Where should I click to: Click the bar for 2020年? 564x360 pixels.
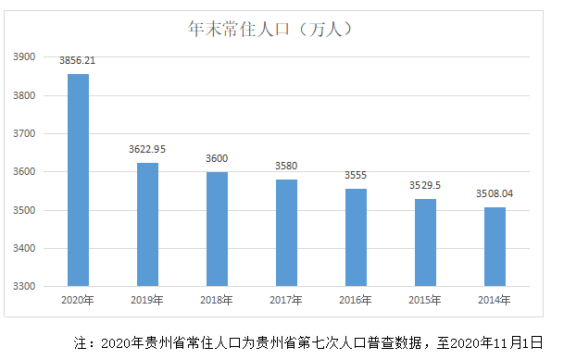pyautogui.click(x=78, y=180)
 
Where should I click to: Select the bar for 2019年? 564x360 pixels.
pyautogui.click(x=147, y=225)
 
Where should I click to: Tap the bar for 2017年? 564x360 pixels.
pyautogui.click(x=286, y=233)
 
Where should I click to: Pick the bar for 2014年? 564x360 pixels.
pyautogui.click(x=495, y=247)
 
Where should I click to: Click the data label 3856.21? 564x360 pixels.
pyautogui.click(x=78, y=60)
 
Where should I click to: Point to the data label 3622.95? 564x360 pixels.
pyautogui.click(x=147, y=149)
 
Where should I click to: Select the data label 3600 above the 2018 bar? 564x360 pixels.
pyautogui.click(x=217, y=158)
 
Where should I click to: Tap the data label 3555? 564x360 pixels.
pyautogui.click(x=356, y=175)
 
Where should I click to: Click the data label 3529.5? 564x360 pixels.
pyautogui.click(x=425, y=185)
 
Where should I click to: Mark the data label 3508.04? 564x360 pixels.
pyautogui.click(x=495, y=193)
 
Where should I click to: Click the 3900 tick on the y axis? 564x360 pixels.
pyautogui.click(x=24, y=56)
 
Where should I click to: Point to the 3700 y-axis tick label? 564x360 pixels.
pyautogui.click(x=24, y=133)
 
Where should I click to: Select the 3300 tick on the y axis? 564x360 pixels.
pyautogui.click(x=24, y=286)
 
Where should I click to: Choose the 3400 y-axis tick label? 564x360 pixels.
pyautogui.click(x=24, y=248)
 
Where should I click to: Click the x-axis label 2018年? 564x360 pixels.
pyautogui.click(x=217, y=300)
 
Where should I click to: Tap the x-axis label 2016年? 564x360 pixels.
pyautogui.click(x=356, y=300)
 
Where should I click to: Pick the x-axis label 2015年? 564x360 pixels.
pyautogui.click(x=425, y=300)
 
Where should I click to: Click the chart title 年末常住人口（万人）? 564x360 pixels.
pyautogui.click(x=269, y=29)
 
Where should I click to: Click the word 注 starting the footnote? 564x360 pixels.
pyautogui.click(x=81, y=342)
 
